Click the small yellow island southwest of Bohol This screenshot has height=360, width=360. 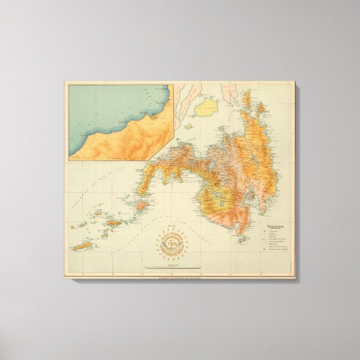click(189, 126)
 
